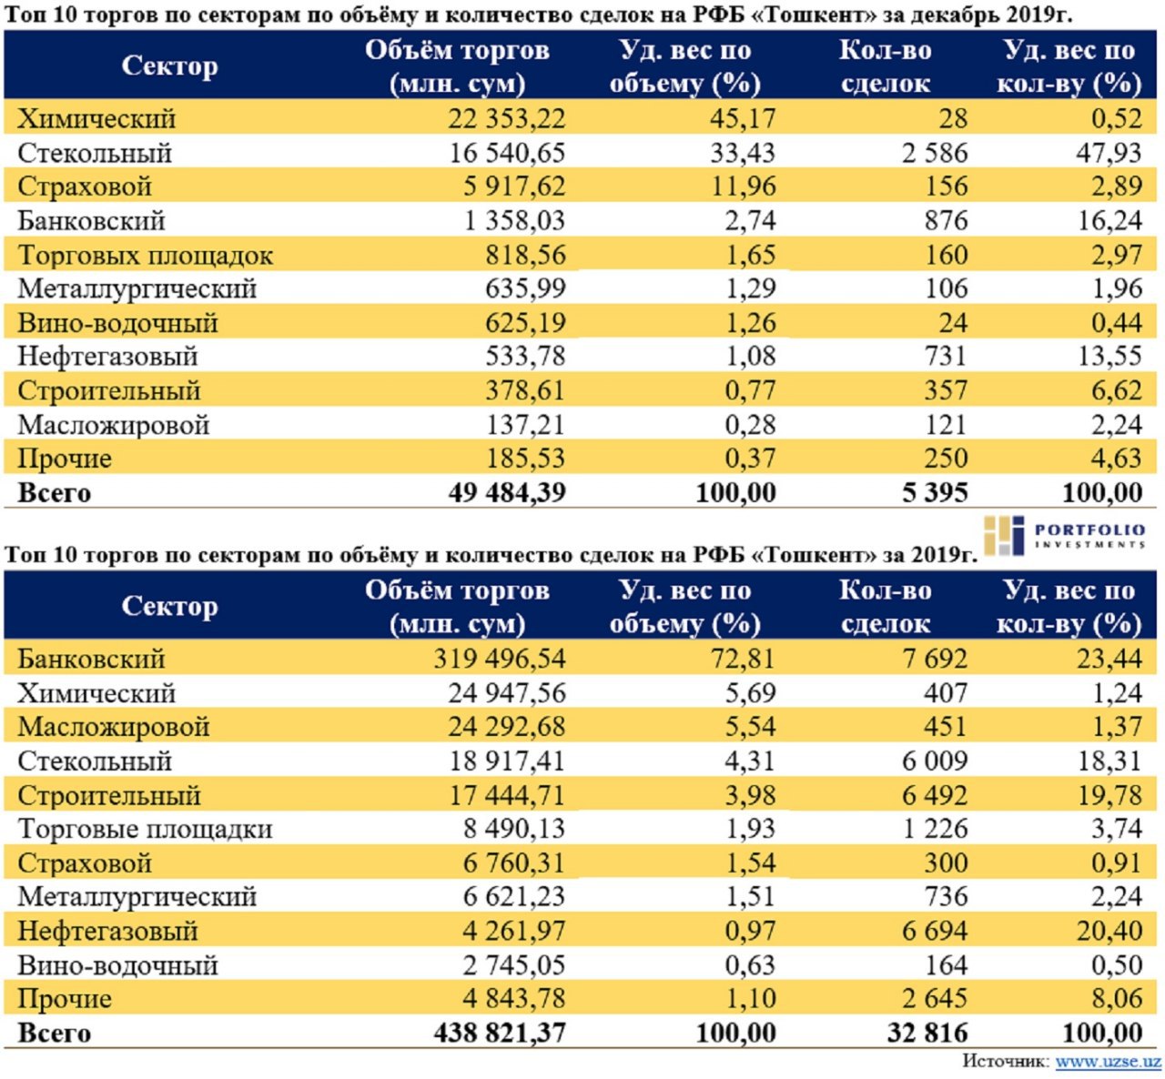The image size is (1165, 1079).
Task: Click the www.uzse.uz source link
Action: coord(1108,1061)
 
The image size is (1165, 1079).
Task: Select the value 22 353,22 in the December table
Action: coord(506,118)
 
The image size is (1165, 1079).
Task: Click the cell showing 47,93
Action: coord(1109,153)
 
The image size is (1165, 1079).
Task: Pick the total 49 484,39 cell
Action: coord(506,493)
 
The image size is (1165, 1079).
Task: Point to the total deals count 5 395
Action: coord(935,493)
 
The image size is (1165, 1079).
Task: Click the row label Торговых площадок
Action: coord(146,256)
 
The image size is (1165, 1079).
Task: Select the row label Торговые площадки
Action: coord(146,829)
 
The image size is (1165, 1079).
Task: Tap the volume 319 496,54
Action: coord(499,659)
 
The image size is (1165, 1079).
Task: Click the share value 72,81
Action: coord(744,659)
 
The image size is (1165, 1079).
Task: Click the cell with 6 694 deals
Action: coord(935,931)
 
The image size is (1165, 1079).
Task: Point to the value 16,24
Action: coord(1109,221)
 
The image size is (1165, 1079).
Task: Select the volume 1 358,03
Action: coord(514,221)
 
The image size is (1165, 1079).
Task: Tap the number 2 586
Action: coord(935,153)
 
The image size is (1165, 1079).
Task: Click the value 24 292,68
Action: coord(506,727)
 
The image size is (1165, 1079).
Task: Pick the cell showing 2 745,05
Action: coord(514,965)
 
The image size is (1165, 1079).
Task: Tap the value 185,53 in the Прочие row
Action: coord(525,459)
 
